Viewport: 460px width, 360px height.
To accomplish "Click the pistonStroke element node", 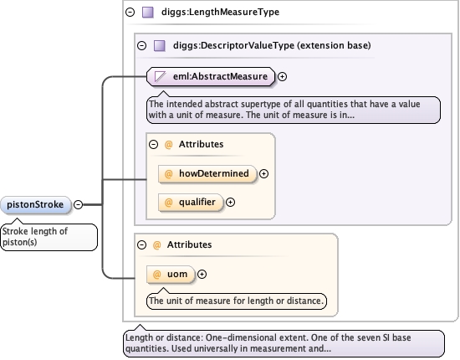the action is (36, 204).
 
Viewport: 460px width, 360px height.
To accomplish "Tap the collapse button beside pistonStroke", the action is (78, 204).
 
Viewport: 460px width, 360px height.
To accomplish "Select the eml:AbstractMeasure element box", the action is (211, 77).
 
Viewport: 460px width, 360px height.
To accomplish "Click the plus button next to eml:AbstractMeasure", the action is (282, 77).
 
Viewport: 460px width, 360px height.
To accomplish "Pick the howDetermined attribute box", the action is (207, 174).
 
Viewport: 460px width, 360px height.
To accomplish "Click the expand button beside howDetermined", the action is (263, 174).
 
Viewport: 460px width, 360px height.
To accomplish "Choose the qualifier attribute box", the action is (191, 203).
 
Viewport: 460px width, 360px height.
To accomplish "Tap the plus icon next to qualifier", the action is (230, 203).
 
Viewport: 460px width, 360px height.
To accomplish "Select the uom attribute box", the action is (171, 275).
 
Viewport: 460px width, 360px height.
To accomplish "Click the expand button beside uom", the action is (202, 275).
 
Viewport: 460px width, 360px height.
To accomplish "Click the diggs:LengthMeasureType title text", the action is (220, 12).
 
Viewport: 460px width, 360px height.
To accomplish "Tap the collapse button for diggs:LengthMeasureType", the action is (130, 12).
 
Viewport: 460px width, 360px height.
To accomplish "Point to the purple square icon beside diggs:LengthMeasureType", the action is (148, 13).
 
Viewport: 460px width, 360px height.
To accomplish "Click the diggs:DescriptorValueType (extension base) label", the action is (272, 45).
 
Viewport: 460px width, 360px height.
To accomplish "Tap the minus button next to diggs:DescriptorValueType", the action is (141, 45).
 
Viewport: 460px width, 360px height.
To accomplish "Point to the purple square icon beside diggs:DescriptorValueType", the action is (160, 46).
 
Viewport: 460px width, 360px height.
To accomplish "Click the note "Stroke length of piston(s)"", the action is (49, 237).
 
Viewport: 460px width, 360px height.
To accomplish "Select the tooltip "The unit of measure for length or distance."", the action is (237, 301).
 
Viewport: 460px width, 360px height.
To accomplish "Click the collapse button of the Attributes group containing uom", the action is (141, 245).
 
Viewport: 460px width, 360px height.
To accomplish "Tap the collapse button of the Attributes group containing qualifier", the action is (153, 145).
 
